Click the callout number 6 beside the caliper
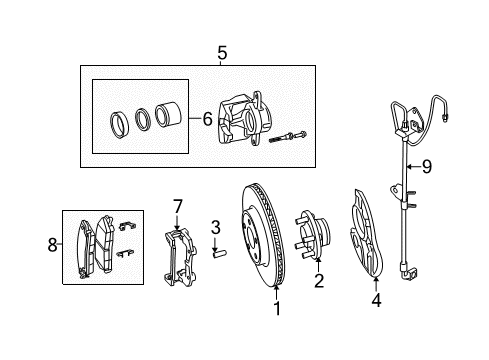pos(207,118)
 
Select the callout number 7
pos(177,207)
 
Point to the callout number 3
pos(214,228)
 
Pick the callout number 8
pos(54,242)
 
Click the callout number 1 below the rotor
pos(277,309)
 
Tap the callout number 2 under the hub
pos(318,281)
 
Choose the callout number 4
pos(376,299)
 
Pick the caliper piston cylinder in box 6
pos(167,118)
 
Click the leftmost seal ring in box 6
pos(118,125)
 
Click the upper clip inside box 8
pos(124,226)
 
